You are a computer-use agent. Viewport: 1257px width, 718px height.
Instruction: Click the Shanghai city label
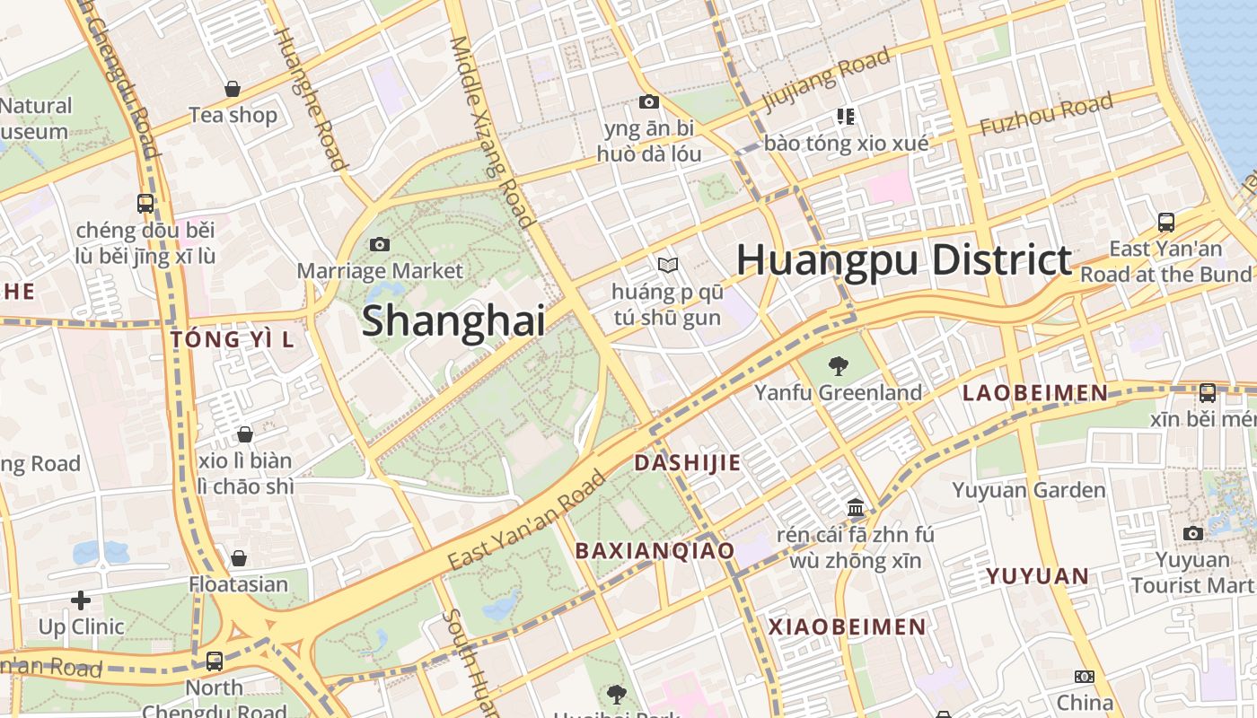click(453, 320)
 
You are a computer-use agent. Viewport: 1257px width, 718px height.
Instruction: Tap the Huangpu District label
click(904, 260)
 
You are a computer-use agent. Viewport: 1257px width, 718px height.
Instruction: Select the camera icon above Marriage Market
click(380, 244)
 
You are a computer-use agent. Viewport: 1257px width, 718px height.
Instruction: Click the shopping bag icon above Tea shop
click(233, 89)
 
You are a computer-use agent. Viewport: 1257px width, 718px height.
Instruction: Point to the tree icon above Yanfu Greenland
click(839, 365)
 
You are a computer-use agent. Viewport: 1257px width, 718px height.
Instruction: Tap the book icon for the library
click(667, 265)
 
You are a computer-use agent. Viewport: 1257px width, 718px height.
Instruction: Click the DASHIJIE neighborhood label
click(688, 463)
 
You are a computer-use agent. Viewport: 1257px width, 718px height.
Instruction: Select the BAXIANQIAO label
click(655, 550)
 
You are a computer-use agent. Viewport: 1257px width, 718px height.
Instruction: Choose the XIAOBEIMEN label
click(847, 626)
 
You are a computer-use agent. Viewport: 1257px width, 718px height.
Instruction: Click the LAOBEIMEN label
click(1035, 392)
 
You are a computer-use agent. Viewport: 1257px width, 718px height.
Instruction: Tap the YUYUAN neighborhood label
click(1038, 576)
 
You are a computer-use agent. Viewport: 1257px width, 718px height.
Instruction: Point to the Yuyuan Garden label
click(1029, 490)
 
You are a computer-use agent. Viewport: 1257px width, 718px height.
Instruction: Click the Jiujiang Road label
click(828, 80)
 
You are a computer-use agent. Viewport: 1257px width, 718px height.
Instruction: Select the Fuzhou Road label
click(1046, 115)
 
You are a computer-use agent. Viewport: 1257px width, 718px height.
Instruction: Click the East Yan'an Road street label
click(526, 521)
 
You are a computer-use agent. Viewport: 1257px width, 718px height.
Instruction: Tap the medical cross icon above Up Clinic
click(81, 600)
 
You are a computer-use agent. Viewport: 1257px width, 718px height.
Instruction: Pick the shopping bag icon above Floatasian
click(239, 558)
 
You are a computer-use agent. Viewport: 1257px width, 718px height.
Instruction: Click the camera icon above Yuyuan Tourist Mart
click(1192, 534)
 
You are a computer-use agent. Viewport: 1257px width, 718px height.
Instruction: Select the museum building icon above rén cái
click(856, 508)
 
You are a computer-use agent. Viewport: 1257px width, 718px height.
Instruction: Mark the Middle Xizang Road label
click(492, 131)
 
